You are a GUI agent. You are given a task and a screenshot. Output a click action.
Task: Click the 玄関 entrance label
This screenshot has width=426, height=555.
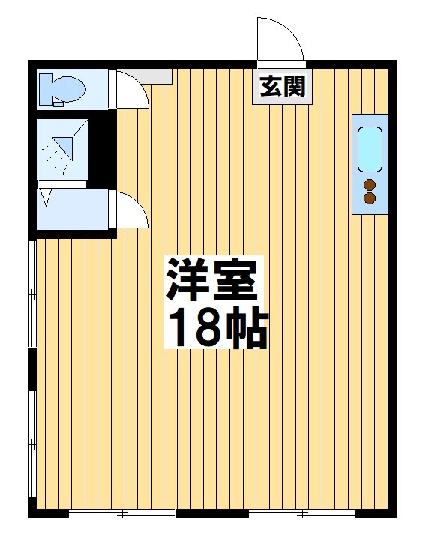coord(283,87)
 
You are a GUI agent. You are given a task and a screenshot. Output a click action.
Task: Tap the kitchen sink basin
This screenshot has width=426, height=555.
coord(370,148)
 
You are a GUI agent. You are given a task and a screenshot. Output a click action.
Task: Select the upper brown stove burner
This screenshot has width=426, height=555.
coord(369,185)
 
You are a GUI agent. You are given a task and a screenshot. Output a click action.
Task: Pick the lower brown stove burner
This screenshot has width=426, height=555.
coord(369,198)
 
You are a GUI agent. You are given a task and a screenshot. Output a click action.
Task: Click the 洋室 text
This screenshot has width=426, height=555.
coord(213,282)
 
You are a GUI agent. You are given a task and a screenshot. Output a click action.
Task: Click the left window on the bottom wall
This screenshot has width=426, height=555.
coord(122,514)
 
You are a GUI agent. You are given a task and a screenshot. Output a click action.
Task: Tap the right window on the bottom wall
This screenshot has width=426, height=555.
coord(302,514)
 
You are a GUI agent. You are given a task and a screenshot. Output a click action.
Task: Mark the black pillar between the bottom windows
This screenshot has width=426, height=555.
coord(212,514)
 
